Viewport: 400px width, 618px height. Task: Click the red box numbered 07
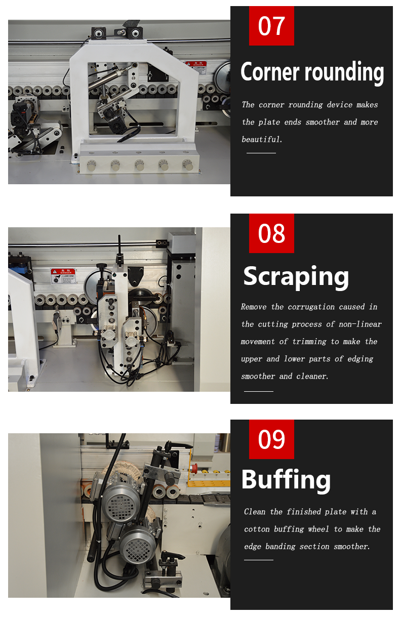271,26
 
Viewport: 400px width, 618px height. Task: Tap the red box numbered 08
271,233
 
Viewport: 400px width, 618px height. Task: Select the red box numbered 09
271,439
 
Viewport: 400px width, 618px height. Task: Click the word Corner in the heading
270,72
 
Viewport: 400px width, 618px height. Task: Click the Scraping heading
296,277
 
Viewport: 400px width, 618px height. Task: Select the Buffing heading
286,481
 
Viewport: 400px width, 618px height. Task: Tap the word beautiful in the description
261,139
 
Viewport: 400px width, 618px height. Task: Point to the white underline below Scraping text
259,391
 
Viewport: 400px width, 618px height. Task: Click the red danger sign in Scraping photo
63,276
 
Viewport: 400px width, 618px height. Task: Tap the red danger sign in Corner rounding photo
196,67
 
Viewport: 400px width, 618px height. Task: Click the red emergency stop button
194,468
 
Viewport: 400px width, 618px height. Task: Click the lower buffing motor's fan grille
138,542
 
